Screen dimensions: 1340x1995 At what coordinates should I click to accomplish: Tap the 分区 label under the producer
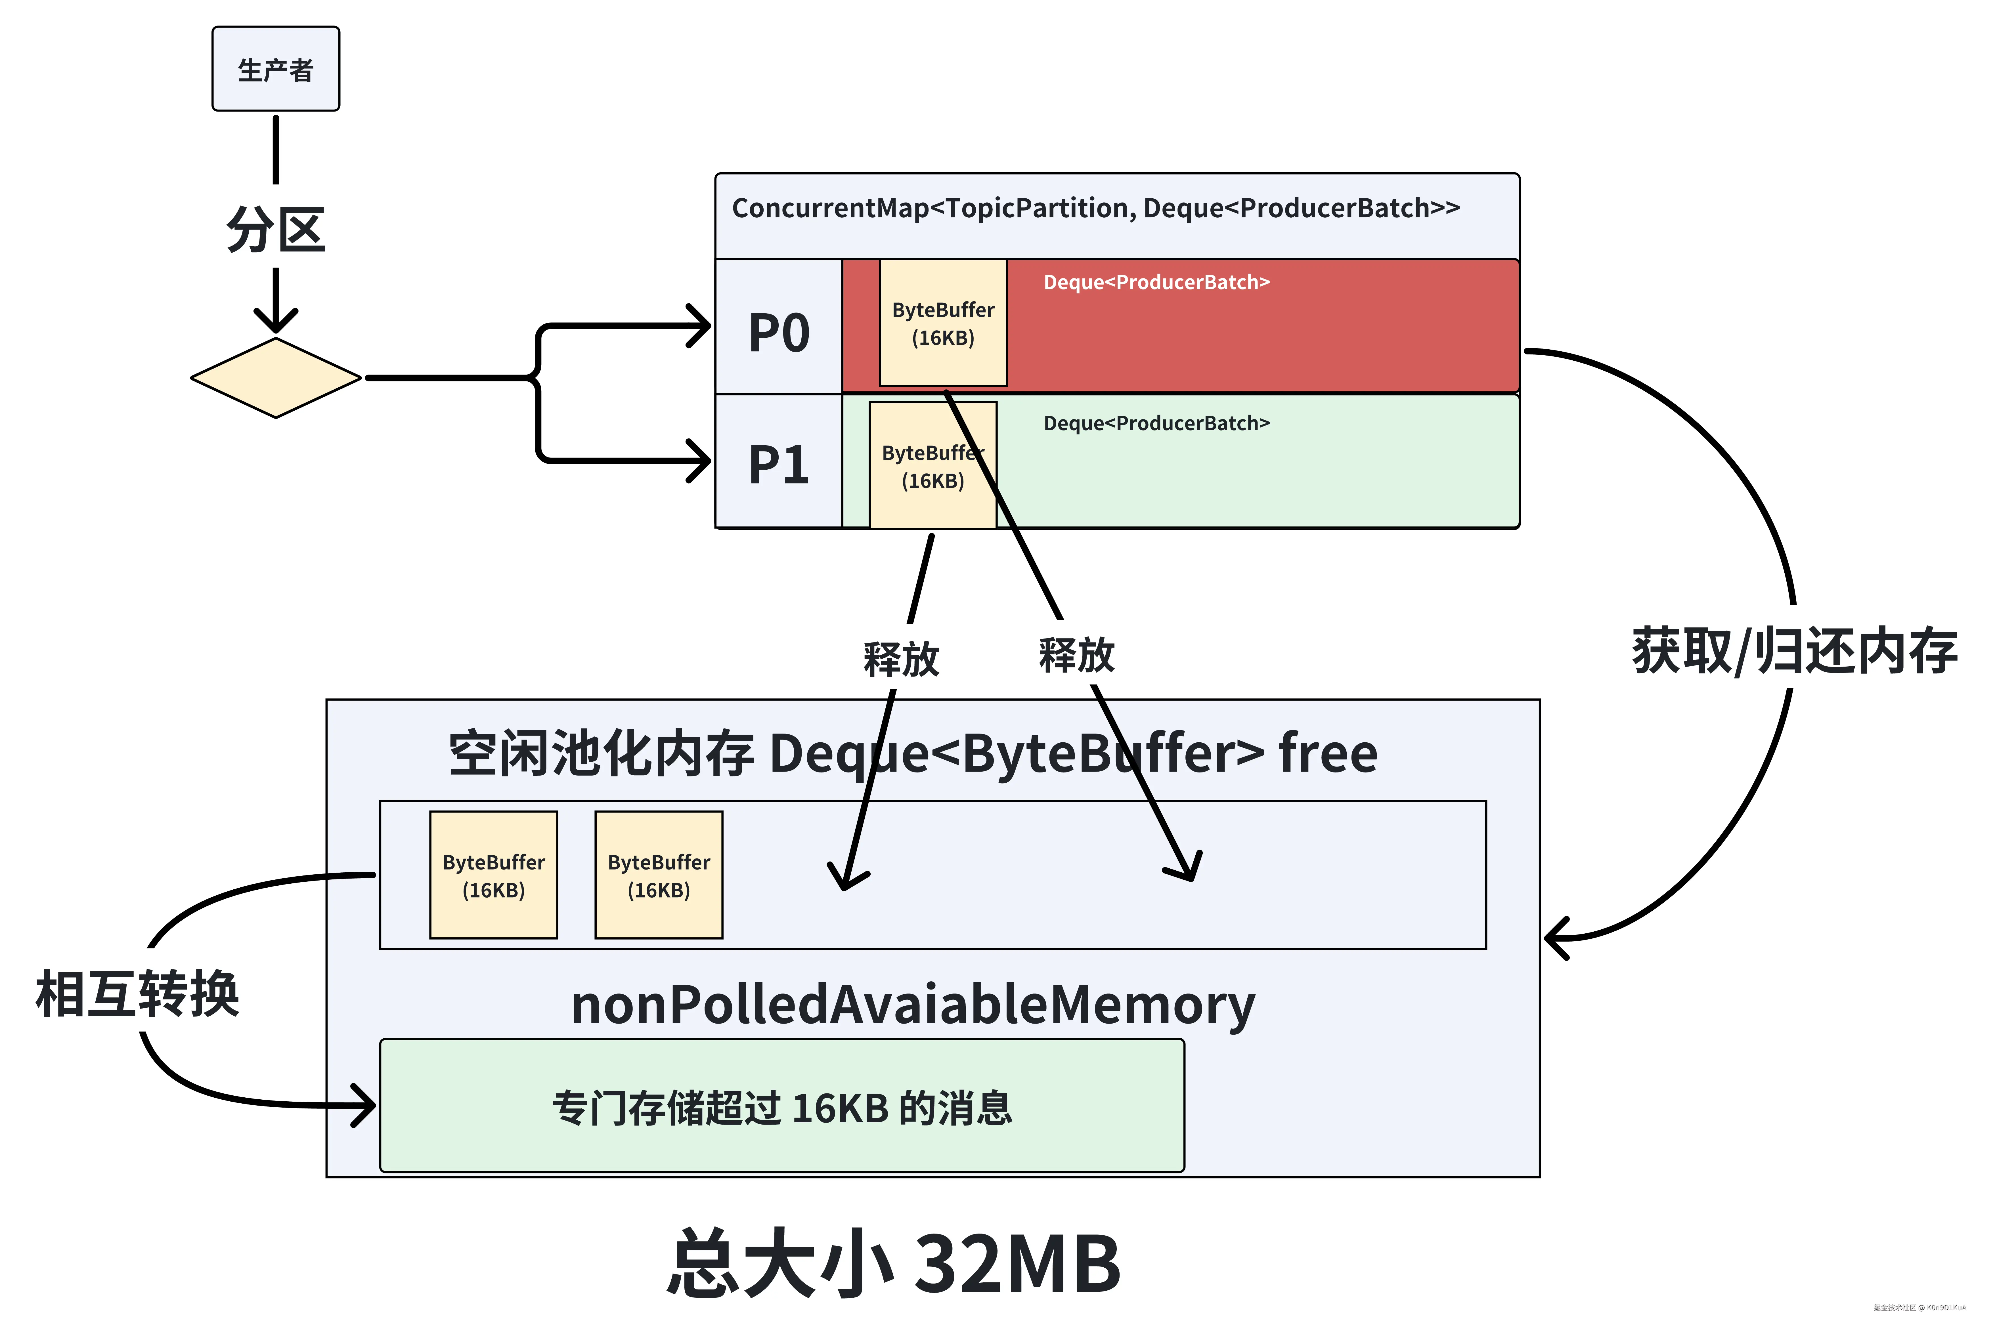pyautogui.click(x=275, y=229)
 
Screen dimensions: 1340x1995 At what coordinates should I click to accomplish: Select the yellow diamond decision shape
pyautogui.click(x=275, y=378)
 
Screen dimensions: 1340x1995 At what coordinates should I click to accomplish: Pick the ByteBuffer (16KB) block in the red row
pyautogui.click(x=943, y=323)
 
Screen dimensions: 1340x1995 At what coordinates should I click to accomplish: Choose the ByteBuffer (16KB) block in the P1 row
pyautogui.click(x=932, y=466)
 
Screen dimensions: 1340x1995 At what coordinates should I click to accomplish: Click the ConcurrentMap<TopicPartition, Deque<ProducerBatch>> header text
pyautogui.click(x=1095, y=208)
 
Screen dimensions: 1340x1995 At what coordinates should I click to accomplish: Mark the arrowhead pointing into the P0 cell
pyautogui.click(x=703, y=325)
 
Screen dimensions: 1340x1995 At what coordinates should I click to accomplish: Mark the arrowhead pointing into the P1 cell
pyautogui.click(x=703, y=461)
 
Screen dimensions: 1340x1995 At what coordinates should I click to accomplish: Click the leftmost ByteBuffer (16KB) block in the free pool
pyautogui.click(x=493, y=875)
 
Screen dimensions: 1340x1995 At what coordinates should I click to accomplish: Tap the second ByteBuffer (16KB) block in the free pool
pyautogui.click(x=658, y=875)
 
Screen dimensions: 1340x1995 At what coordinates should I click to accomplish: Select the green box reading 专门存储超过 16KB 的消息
pyautogui.click(x=781, y=1106)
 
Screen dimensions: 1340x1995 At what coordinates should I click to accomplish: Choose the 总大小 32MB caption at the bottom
pyautogui.click(x=893, y=1263)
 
